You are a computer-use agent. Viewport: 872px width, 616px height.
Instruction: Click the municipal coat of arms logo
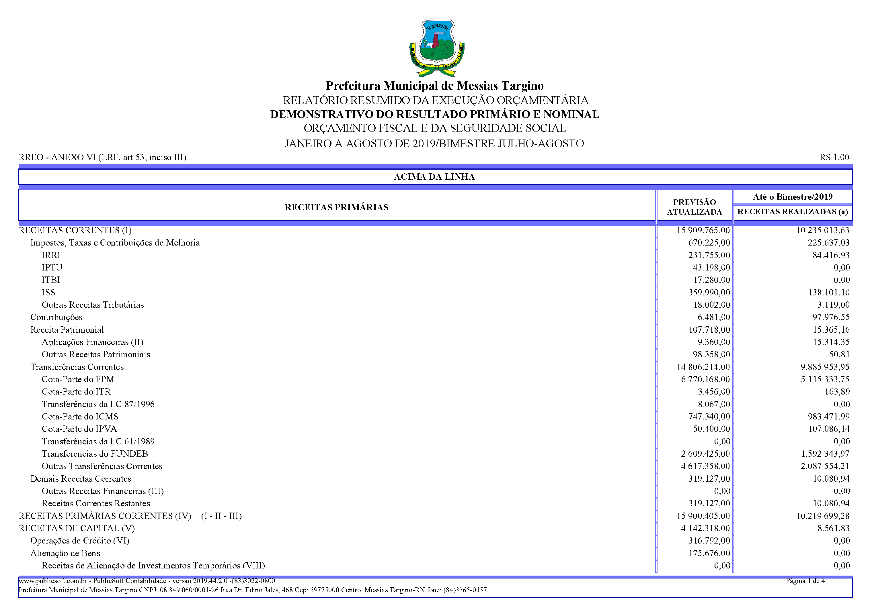436,48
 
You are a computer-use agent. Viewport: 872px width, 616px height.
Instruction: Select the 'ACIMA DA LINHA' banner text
434,177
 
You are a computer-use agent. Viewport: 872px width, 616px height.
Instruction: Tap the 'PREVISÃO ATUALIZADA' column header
694,207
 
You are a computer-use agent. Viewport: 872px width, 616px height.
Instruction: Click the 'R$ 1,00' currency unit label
834,157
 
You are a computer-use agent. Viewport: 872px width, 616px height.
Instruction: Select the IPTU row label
52,268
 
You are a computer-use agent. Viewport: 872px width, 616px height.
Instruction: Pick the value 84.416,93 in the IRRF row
831,255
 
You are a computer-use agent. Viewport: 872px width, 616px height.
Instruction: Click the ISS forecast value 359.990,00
709,292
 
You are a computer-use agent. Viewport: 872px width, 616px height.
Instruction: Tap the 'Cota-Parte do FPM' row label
78,379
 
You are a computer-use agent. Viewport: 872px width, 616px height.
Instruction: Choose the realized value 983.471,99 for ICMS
828,416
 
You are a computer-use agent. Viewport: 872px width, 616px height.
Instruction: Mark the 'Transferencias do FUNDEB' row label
95,454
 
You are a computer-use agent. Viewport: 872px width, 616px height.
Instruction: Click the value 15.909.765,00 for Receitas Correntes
703,230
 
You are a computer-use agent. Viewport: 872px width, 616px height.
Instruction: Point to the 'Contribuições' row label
56,317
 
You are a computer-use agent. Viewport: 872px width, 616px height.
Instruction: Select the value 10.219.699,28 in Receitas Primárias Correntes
823,516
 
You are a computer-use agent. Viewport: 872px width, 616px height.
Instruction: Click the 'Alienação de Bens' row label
65,553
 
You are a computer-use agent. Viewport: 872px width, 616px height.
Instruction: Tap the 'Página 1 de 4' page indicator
805,581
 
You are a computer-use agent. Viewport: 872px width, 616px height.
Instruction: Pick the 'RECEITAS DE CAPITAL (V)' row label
76,528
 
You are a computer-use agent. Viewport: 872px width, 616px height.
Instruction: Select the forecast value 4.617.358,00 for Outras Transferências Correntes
705,466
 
